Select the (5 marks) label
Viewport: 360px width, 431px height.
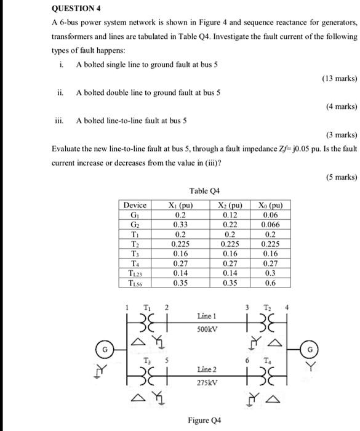(x=340, y=177)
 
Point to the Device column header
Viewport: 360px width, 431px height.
(x=135, y=204)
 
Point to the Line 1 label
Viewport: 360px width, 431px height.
(x=206, y=315)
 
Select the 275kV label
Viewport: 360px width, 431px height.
(x=206, y=382)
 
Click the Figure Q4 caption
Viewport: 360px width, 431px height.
(x=204, y=421)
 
